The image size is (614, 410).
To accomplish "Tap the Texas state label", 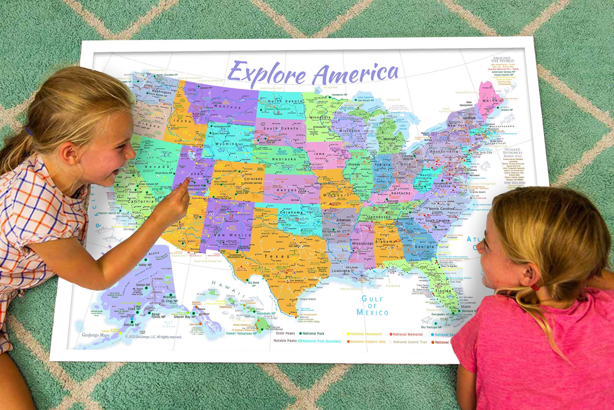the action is (x=277, y=256).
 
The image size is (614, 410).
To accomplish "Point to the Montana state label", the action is (x=227, y=107).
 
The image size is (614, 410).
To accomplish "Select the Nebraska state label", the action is (x=284, y=159).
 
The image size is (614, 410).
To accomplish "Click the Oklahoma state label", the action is (x=291, y=212).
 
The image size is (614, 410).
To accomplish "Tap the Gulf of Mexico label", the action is (x=372, y=306).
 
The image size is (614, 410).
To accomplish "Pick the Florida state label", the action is (x=443, y=291).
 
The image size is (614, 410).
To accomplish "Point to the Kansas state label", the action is (x=287, y=190).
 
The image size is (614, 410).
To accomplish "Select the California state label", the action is (x=141, y=201).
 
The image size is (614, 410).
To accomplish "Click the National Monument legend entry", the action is (x=366, y=334).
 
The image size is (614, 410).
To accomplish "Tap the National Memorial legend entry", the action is (x=407, y=334).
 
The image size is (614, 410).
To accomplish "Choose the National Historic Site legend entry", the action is (x=367, y=342).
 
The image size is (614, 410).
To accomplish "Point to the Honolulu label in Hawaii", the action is (x=226, y=307).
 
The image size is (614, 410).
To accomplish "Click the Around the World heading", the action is (x=502, y=59).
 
